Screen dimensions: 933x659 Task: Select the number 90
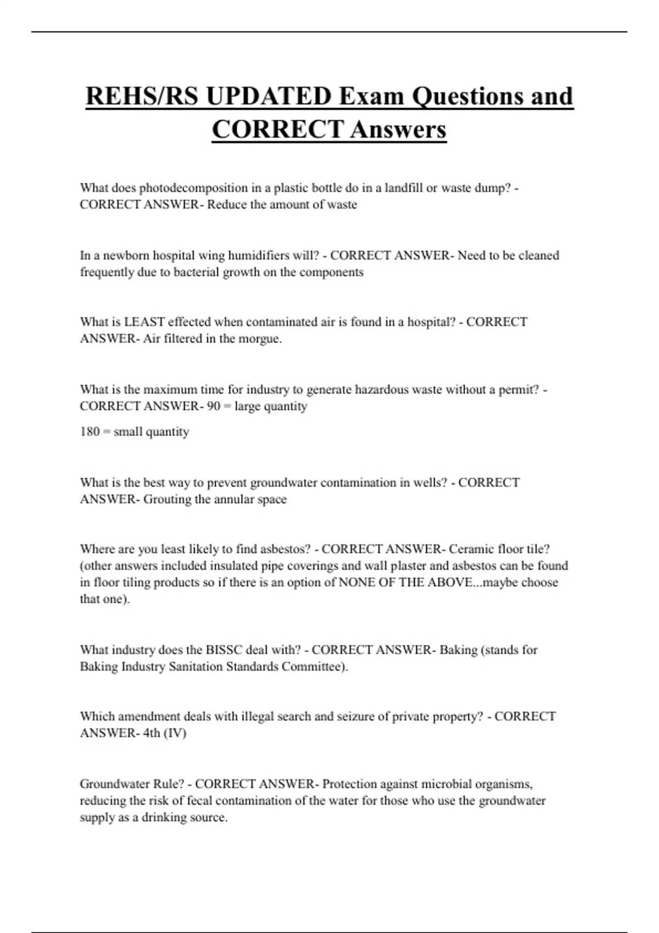tap(214, 407)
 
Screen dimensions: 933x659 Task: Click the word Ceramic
tap(471, 549)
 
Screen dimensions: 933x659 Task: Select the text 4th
tap(152, 733)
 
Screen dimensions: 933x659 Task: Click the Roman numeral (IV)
tap(175, 733)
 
